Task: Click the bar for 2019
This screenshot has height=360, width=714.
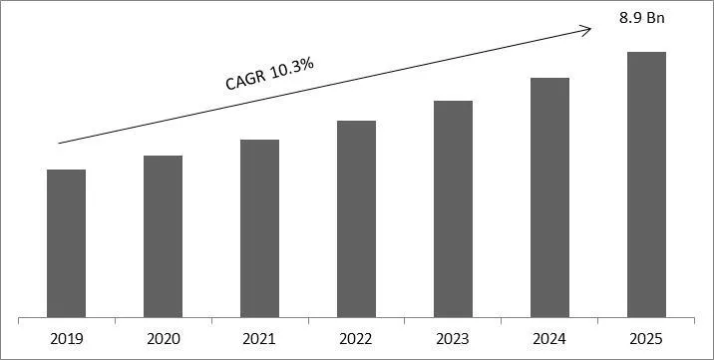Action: [x=67, y=243]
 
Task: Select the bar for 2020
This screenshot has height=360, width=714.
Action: [x=163, y=236]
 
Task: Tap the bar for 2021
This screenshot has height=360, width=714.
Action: [x=259, y=228]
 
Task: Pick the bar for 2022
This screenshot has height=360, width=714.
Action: [x=356, y=219]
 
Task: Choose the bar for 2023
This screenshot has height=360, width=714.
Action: [x=453, y=209]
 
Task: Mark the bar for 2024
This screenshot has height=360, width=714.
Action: [x=549, y=197]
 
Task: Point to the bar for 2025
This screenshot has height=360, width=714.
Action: [x=645, y=184]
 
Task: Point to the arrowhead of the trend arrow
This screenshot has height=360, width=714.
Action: [x=589, y=28]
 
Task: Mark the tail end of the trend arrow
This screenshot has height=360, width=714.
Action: [x=59, y=144]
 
